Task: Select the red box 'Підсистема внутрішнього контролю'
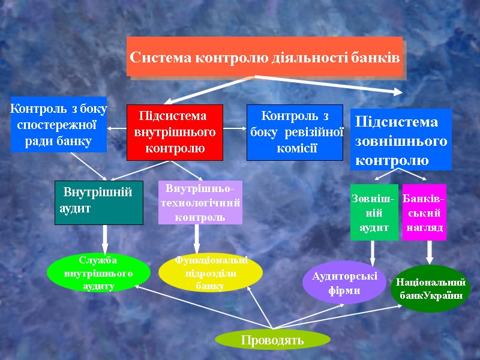(175, 133)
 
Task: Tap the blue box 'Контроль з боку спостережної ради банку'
(59, 125)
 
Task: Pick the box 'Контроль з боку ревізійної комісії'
(295, 133)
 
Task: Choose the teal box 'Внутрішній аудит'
(99, 202)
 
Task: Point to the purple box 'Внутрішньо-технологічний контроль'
(200, 202)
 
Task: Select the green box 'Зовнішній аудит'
(374, 212)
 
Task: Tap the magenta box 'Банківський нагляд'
(424, 212)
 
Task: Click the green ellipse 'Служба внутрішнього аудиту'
(98, 273)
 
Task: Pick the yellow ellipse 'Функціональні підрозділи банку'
(211, 273)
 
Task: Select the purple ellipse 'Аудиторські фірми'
(344, 283)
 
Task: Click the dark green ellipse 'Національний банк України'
(430, 289)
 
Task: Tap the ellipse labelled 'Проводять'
(272, 340)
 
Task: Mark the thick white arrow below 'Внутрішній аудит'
(104, 240)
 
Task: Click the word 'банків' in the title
(378, 58)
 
